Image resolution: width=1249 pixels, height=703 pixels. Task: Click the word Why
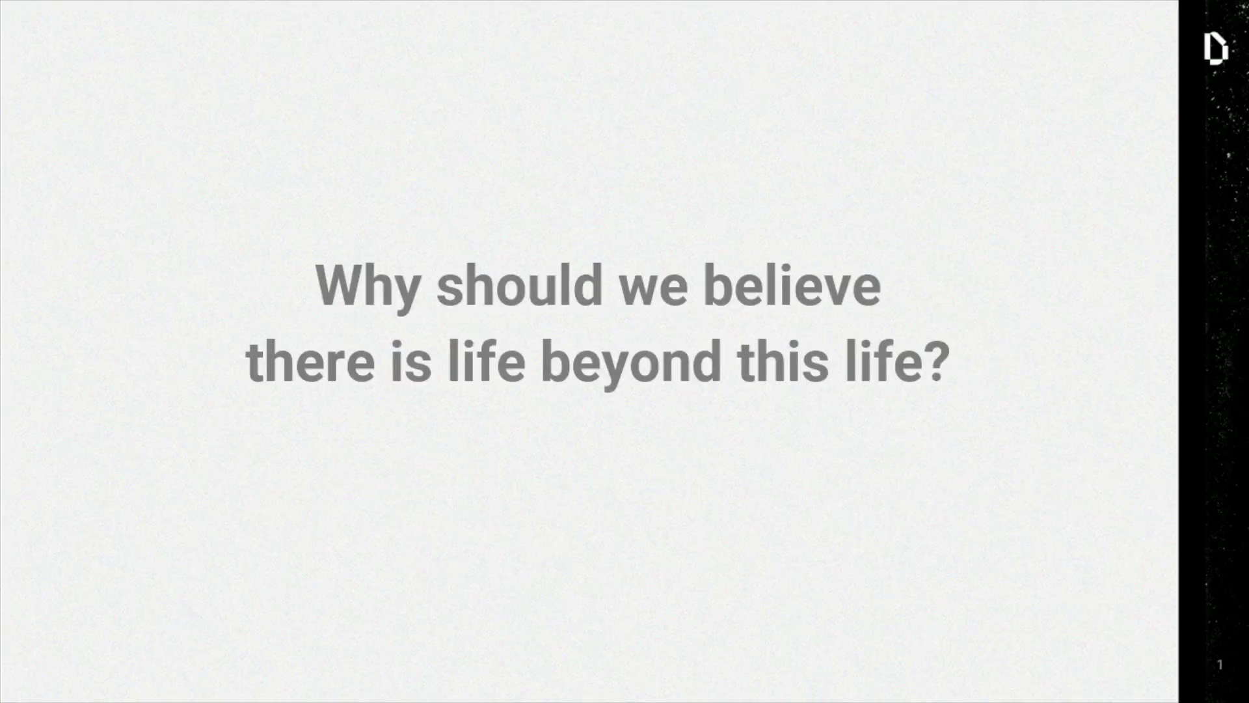tap(368, 288)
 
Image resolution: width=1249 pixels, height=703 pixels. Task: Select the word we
tap(653, 290)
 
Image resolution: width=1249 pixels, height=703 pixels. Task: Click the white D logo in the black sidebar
tap(1215, 49)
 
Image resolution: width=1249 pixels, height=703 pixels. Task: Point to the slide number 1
tap(1220, 665)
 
